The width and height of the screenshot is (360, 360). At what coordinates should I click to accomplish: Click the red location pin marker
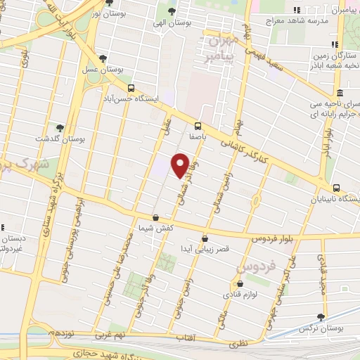[180, 165]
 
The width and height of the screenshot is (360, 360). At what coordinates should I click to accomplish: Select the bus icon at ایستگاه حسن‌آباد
[131, 88]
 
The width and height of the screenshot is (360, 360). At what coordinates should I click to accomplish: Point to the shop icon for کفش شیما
[155, 217]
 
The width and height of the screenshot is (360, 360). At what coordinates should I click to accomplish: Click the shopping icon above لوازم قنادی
[239, 284]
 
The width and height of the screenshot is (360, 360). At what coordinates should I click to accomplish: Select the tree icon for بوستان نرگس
[321, 317]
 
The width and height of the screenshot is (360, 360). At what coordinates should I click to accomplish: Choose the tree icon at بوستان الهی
[172, 11]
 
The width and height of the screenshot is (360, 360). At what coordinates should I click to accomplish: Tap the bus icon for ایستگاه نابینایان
[336, 188]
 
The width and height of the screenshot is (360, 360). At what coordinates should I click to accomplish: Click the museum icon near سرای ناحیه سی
[339, 94]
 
